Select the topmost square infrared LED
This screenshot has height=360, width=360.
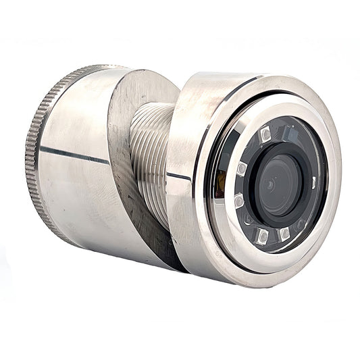(265, 134)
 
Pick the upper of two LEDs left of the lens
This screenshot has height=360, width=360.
(241, 169)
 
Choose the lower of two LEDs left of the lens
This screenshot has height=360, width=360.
(238, 201)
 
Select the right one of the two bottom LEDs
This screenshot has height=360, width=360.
(284, 234)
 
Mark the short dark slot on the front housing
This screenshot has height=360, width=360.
(179, 176)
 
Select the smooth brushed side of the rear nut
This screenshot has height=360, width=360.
(74, 196)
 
